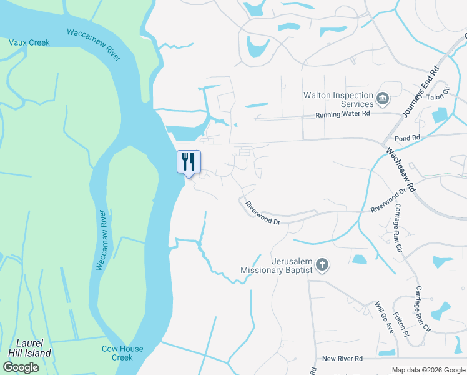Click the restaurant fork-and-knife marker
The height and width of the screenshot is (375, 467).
pos(188,162)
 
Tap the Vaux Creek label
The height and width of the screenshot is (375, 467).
pos(29,42)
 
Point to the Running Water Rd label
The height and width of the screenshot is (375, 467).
pos(343,114)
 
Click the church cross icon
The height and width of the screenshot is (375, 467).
pos(322,265)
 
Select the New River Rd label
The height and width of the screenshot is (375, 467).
pos(342,359)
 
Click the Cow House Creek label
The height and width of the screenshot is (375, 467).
pos(122,353)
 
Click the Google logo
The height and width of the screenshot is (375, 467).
pos(21,367)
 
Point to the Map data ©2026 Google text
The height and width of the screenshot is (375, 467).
pos(427,370)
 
